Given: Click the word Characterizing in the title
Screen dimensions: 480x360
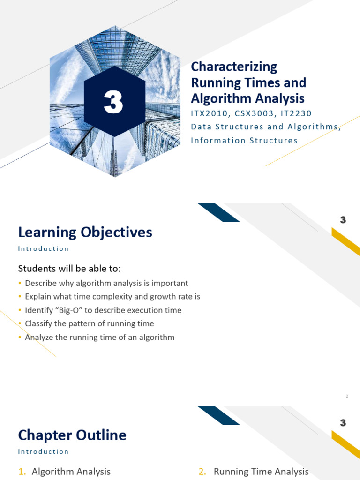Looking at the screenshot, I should click(x=234, y=67).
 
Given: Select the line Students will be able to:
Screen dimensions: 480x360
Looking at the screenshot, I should click(x=69, y=269).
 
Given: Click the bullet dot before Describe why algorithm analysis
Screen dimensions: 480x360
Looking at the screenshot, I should click(x=20, y=284).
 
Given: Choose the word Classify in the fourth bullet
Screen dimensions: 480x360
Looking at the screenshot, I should click(x=38, y=323).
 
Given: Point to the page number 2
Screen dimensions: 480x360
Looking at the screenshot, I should click(x=347, y=397).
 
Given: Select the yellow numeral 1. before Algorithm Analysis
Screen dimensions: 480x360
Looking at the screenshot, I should click(x=22, y=472).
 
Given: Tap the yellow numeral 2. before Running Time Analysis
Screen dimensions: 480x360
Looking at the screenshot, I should click(x=202, y=472).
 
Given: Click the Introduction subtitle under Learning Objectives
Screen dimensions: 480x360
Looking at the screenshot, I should click(x=43, y=248).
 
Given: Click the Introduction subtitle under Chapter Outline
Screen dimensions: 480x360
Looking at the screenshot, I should click(x=43, y=451).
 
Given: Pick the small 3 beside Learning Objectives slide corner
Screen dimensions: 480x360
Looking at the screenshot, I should click(x=343, y=220).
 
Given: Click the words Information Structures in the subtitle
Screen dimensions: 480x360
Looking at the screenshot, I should click(x=244, y=140).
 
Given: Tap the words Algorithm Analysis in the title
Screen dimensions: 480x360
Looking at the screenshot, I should click(x=247, y=98).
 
